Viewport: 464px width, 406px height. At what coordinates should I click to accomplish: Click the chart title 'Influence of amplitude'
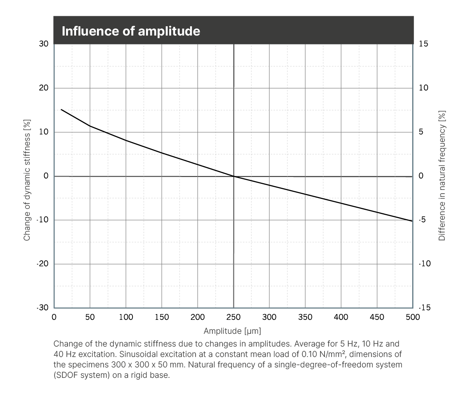click(131, 31)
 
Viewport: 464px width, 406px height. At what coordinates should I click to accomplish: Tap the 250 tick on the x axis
click(233, 317)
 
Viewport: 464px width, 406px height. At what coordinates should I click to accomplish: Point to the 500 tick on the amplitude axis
click(413, 317)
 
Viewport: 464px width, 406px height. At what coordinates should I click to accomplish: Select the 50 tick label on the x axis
click(90, 317)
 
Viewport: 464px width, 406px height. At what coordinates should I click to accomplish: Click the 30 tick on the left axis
click(44, 44)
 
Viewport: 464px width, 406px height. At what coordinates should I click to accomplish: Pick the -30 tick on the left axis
click(42, 308)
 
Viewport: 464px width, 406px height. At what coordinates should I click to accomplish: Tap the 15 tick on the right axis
click(423, 44)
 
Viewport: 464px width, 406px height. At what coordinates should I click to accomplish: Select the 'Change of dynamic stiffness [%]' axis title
click(27, 180)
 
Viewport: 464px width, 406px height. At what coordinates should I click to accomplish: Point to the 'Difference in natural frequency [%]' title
click(442, 176)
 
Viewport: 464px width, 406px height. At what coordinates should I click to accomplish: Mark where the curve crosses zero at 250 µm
click(234, 176)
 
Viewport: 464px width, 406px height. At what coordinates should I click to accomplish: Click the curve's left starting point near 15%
click(61, 110)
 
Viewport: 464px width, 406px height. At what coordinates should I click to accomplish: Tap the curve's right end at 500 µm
click(412, 221)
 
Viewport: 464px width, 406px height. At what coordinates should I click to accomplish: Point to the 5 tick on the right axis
click(421, 132)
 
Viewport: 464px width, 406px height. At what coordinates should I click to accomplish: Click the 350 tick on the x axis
click(305, 317)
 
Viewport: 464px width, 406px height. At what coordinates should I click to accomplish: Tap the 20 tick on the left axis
click(44, 88)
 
